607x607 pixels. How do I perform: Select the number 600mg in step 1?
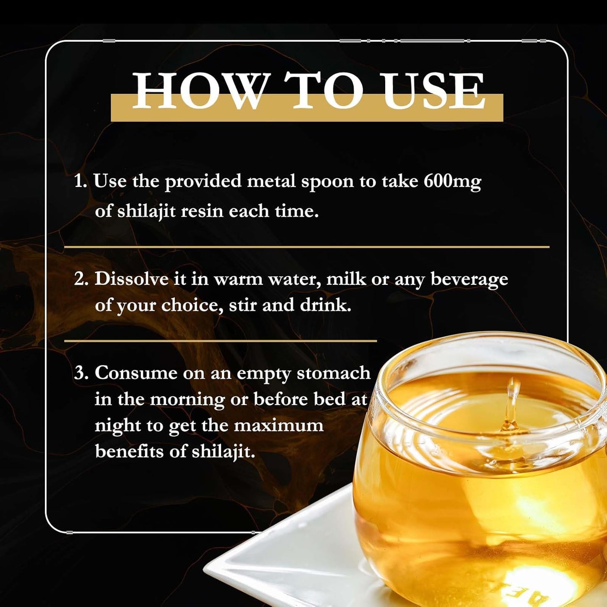(452, 182)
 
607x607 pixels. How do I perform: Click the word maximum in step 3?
(279, 426)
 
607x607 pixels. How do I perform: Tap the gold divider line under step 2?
(221, 341)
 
